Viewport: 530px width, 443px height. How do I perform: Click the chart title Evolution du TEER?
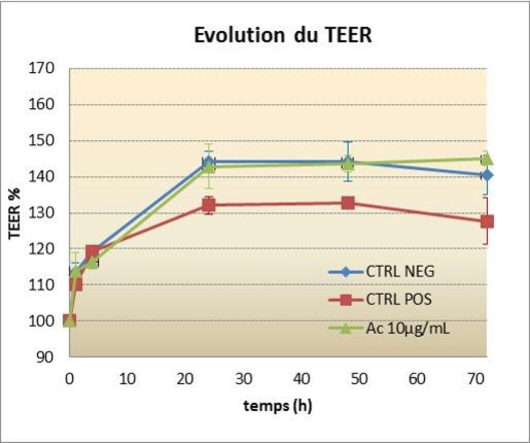pyautogui.click(x=283, y=35)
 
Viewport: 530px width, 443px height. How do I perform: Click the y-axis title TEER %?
pyautogui.click(x=15, y=213)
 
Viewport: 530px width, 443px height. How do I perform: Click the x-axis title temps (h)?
pyautogui.click(x=278, y=406)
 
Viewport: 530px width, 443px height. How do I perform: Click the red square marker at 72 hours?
pyautogui.click(x=487, y=221)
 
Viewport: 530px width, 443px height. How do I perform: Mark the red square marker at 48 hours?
pyautogui.click(x=348, y=203)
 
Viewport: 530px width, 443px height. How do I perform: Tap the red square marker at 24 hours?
pyautogui.click(x=209, y=205)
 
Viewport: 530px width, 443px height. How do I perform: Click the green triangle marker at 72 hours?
pyautogui.click(x=487, y=159)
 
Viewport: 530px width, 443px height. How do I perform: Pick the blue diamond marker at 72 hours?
pyautogui.click(x=487, y=175)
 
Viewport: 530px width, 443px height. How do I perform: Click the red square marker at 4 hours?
pyautogui.click(x=92, y=252)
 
